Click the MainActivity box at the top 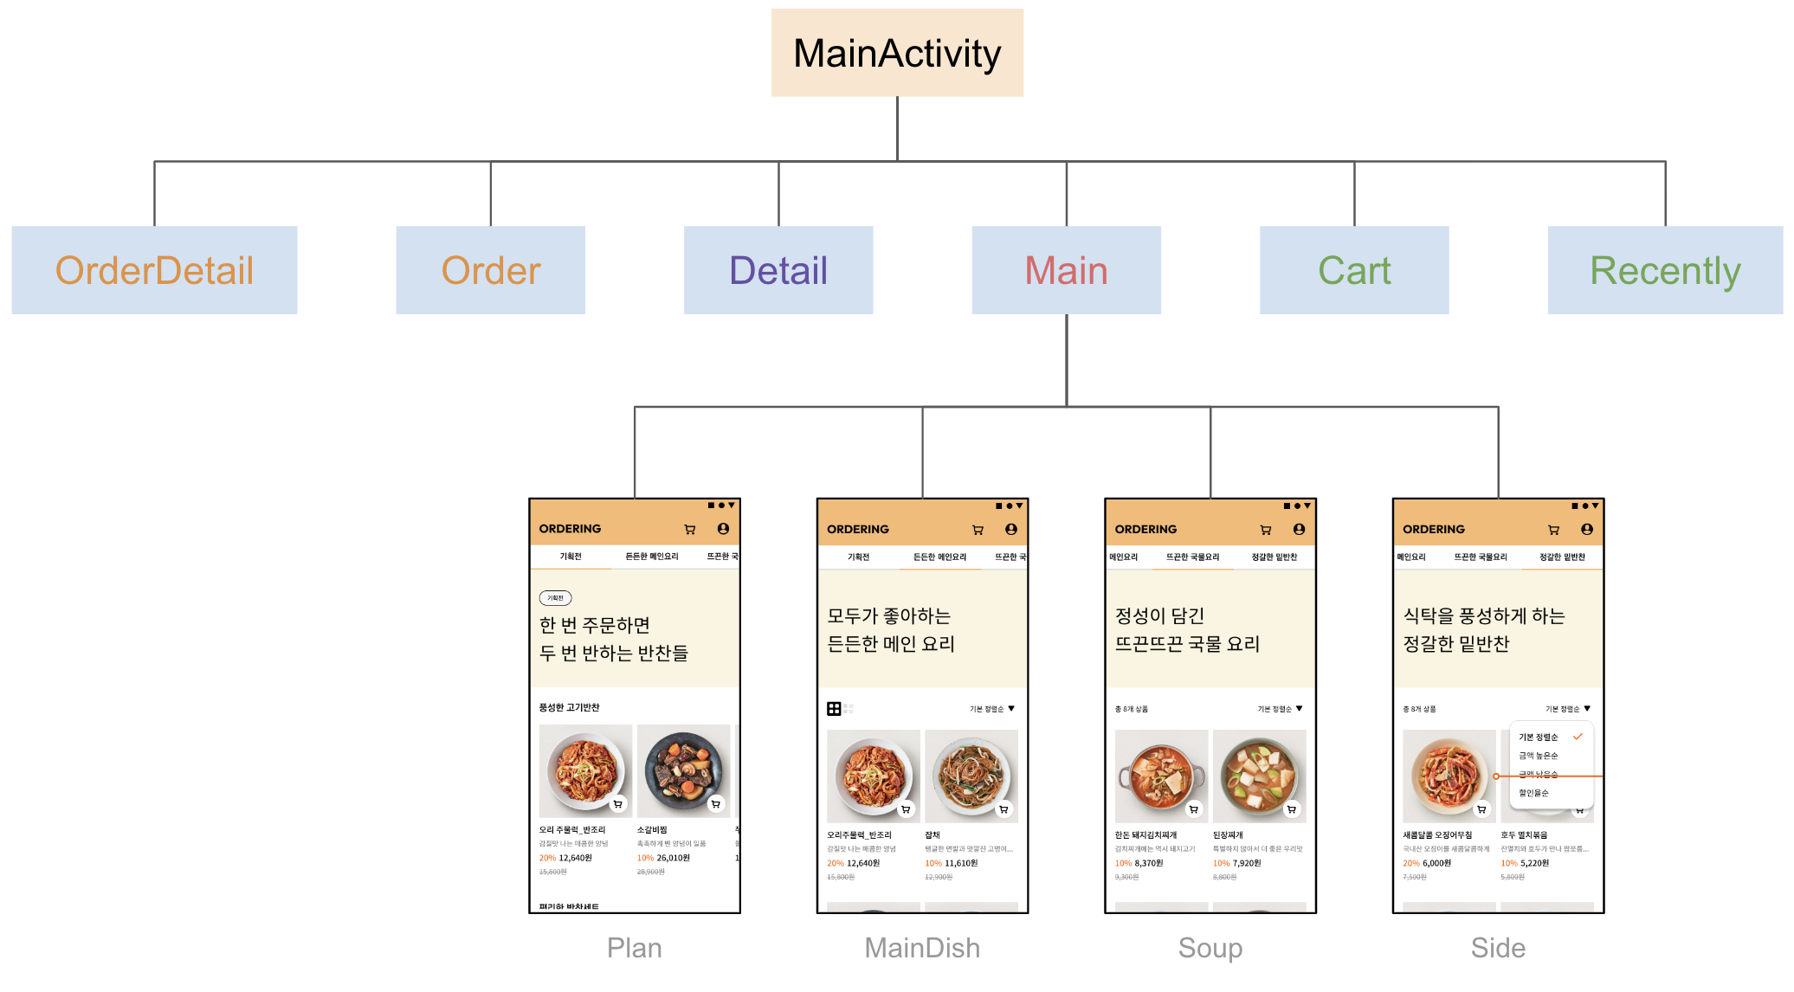[897, 53]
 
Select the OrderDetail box [154, 270]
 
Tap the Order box [490, 270]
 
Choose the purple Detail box [778, 270]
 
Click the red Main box [1066, 270]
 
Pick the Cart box [1354, 270]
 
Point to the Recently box [1664, 270]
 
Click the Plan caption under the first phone [634, 948]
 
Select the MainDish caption [922, 948]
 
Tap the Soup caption [1210, 948]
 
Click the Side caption [1498, 948]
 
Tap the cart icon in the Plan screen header [690, 529]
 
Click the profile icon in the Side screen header [1586, 529]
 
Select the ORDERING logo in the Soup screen [1145, 529]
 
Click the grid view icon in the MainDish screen [834, 709]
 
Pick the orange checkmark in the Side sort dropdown [1578, 737]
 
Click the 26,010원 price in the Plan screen [673, 858]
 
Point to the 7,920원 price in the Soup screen [1247, 863]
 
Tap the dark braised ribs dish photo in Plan [683, 770]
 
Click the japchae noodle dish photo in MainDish [971, 775]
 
